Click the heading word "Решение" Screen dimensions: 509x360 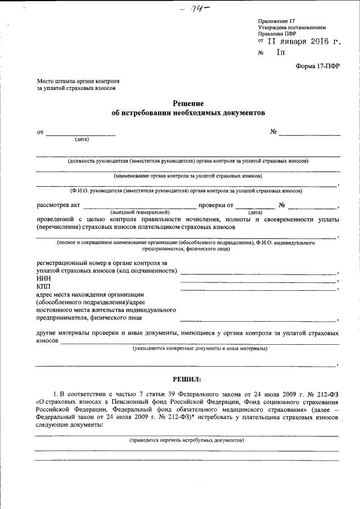(x=188, y=103)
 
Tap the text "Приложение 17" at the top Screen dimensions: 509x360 (x=276, y=20)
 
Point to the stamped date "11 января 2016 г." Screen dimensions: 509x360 (x=303, y=41)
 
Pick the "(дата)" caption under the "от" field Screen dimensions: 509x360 (x=82, y=139)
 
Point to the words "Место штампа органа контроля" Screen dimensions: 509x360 (x=78, y=81)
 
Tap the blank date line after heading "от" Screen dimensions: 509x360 (x=80, y=134)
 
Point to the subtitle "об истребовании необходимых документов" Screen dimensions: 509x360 (x=187, y=112)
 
